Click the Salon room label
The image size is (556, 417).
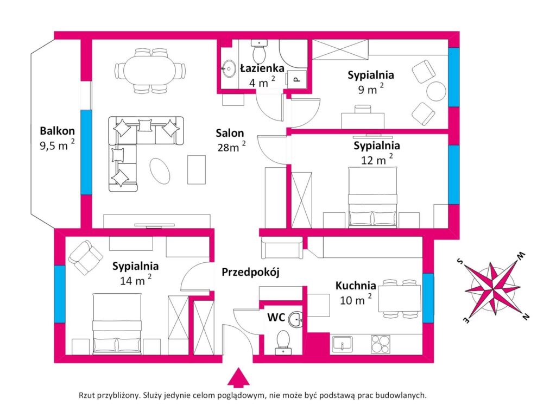pos(230,134)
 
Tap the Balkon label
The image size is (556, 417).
pos(57,131)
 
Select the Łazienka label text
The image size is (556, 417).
pos(262,68)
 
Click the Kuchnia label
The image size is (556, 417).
pos(356,286)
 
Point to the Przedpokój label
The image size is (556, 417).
pos(251,272)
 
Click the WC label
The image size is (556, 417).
pos(276,317)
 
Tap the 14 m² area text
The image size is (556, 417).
pos(135,280)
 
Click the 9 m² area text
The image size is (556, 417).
pos(370,89)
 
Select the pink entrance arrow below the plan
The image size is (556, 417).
pos(238,377)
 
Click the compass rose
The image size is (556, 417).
pos(493,288)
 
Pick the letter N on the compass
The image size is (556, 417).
pos(526,317)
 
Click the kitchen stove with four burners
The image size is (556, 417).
pos(381,344)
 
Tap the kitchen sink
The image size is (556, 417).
pos(342,344)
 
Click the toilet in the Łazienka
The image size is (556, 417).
pos(260,51)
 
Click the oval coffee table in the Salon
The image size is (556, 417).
pos(160,171)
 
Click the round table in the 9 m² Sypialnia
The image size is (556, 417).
pos(436,91)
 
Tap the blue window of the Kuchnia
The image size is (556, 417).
pos(428,298)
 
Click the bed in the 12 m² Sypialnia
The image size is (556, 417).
pos(372,197)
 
